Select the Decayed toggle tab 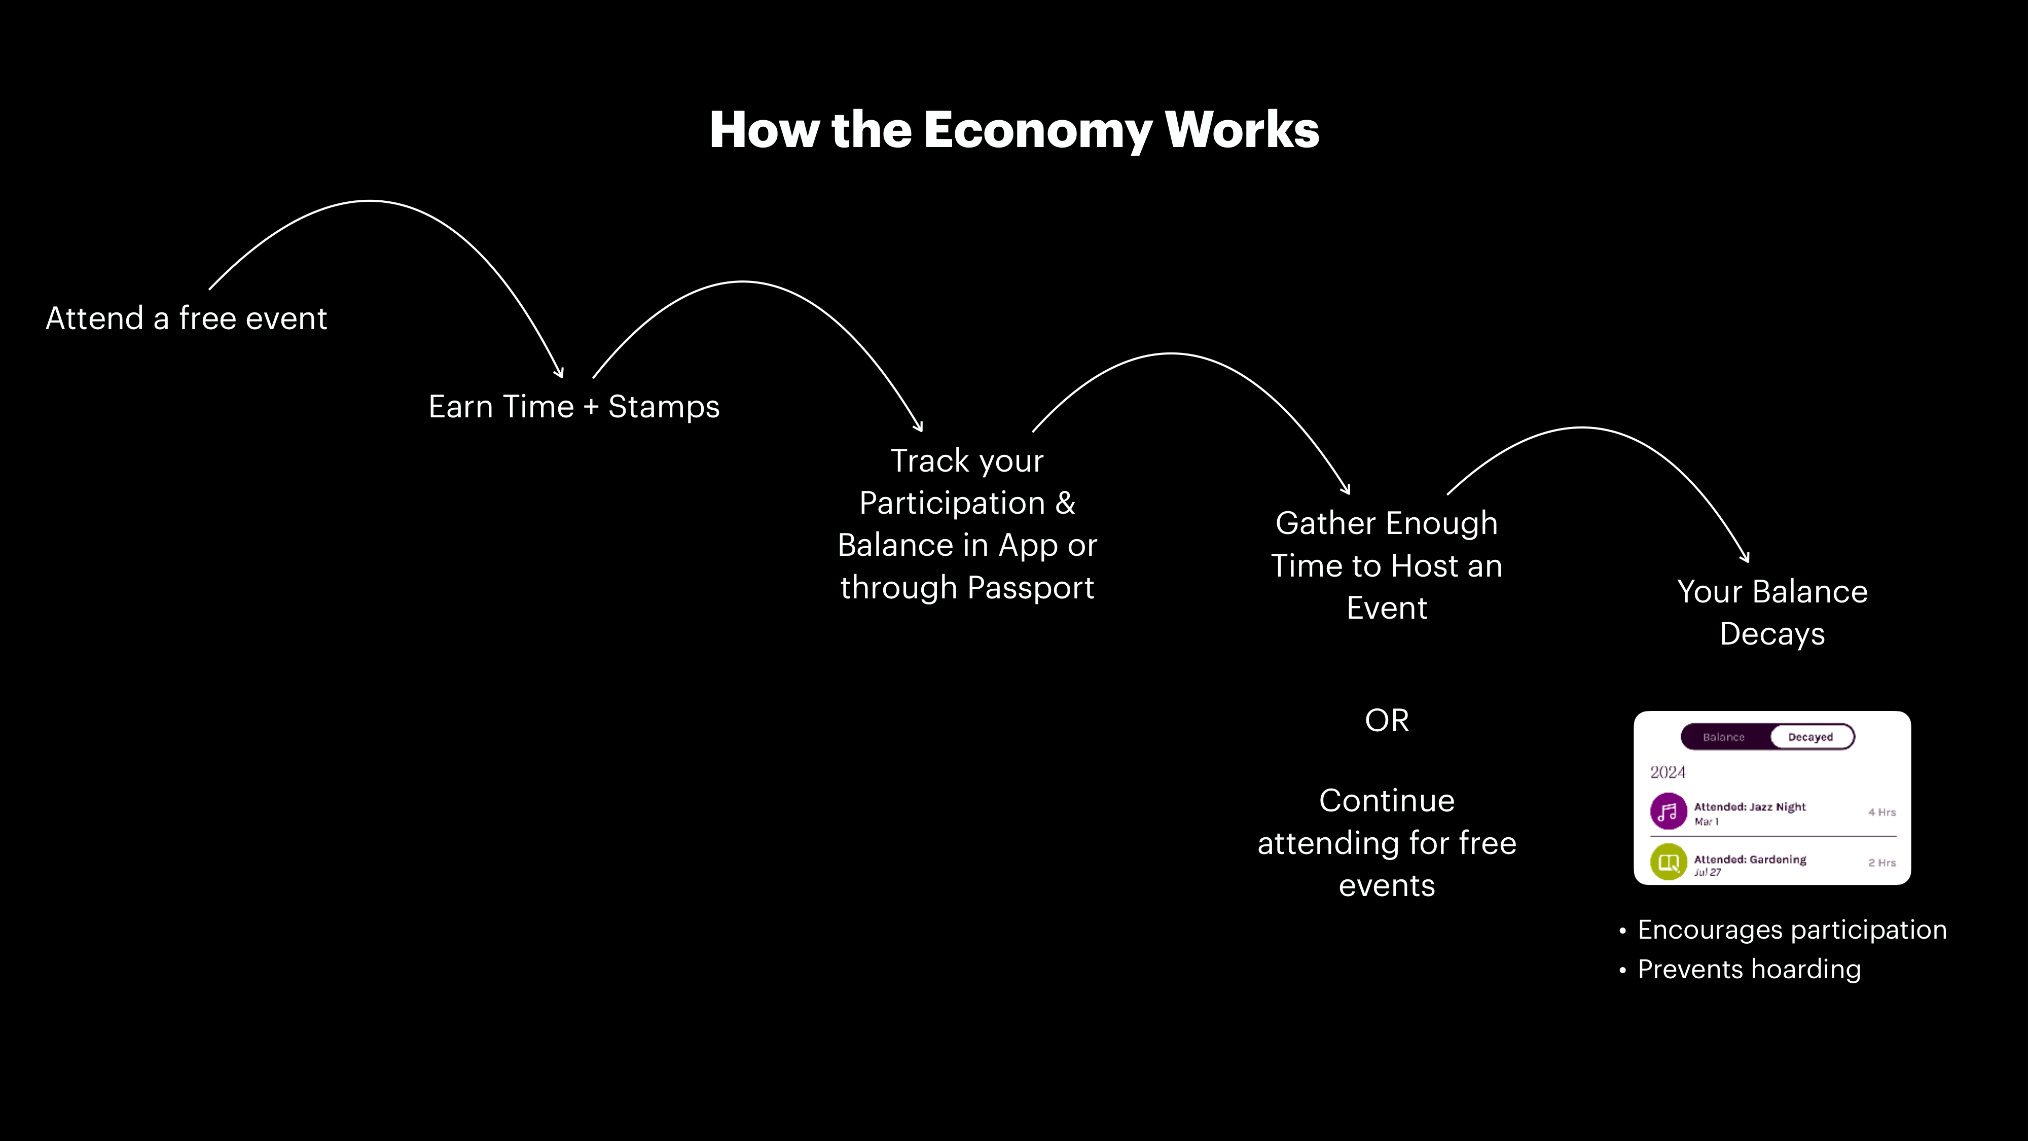point(1810,737)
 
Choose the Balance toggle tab point(1724,737)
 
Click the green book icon point(1668,862)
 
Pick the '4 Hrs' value point(1881,812)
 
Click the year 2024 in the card point(1668,772)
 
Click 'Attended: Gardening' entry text point(1750,859)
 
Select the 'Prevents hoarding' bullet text point(1749,969)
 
